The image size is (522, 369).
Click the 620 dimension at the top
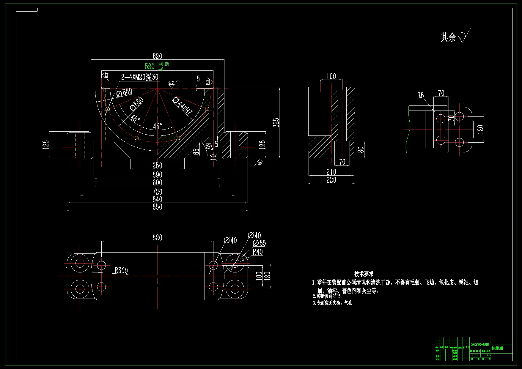[x=157, y=56]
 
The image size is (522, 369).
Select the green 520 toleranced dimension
[x=150, y=66]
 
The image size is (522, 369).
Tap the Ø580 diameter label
[x=125, y=92]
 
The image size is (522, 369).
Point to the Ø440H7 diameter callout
[x=183, y=106]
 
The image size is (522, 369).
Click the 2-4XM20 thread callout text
[x=140, y=77]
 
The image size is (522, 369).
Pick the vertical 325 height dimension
[x=276, y=122]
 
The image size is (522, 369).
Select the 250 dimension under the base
[x=157, y=165]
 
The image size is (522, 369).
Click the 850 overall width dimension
[x=157, y=207]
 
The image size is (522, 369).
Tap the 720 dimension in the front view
[x=157, y=192]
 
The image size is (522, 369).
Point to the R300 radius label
[x=121, y=271]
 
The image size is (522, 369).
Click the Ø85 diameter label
[x=260, y=243]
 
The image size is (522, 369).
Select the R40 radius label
[x=258, y=252]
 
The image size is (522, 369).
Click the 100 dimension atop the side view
[x=331, y=76]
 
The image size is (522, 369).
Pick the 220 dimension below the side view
[x=331, y=180]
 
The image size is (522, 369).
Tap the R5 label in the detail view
[x=420, y=96]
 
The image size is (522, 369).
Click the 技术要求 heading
[x=364, y=274]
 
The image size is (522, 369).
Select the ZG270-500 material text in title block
[x=480, y=344]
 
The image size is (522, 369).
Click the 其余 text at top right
[x=448, y=37]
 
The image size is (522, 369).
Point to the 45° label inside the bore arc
[x=158, y=126]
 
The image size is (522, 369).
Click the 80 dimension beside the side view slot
[x=361, y=149]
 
